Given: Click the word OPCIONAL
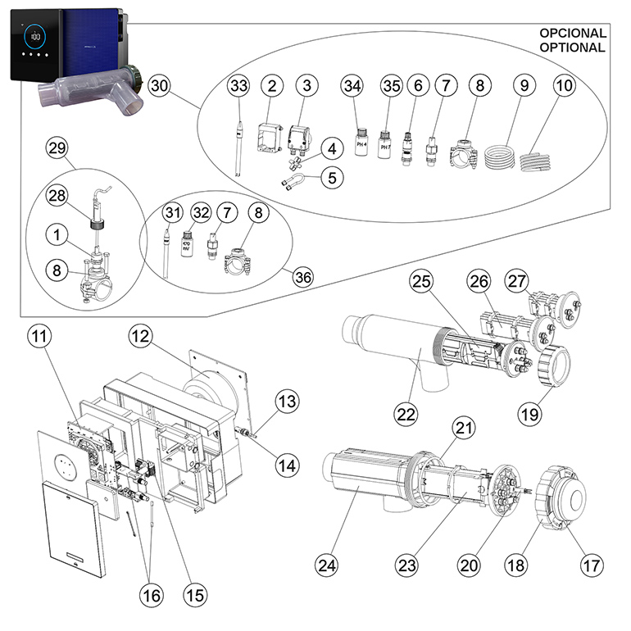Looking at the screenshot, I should pyautogui.click(x=572, y=34).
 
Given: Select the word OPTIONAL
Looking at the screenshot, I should pyautogui.click(x=572, y=48).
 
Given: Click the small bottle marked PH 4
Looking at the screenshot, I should pyautogui.click(x=353, y=142).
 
